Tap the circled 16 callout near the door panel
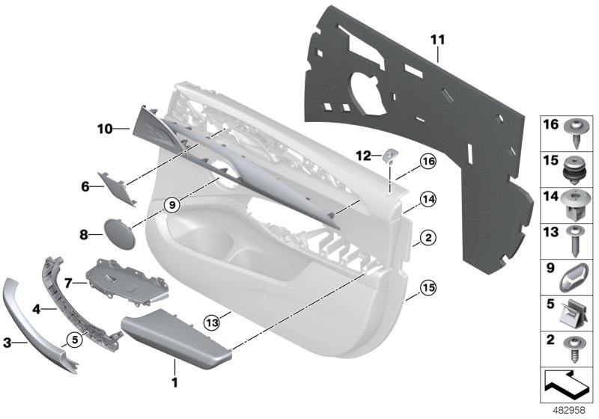pos(428,160)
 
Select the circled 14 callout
pos(428,199)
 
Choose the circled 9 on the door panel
pos(171,203)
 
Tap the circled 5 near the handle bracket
pos(73,337)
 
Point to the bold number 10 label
pos(105,129)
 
